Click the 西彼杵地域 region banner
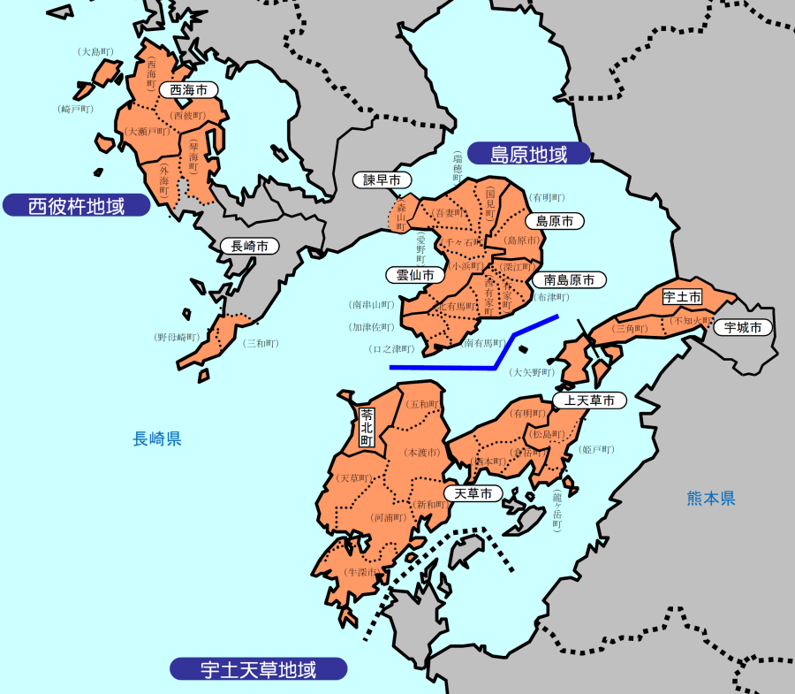tap(76, 206)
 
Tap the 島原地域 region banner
tap(528, 154)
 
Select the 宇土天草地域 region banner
tap(258, 668)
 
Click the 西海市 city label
tap(188, 90)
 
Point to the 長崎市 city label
tap(250, 246)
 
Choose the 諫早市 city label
tap(382, 179)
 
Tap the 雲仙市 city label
tap(415, 275)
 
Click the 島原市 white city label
tap(555, 220)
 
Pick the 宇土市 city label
tap(682, 297)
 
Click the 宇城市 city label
tap(742, 327)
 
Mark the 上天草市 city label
tap(589, 400)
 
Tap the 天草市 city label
tap(473, 493)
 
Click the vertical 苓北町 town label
tap(367, 425)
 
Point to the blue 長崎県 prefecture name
tap(157, 439)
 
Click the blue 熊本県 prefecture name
tap(711, 499)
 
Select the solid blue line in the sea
tap(477, 365)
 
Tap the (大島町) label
tap(95, 52)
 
